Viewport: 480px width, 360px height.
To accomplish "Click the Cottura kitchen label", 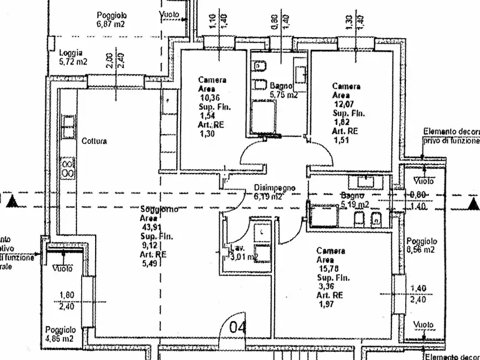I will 94,141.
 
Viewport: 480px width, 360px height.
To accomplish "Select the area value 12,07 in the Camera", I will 343,104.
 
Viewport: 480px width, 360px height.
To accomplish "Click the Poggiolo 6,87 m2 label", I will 111,20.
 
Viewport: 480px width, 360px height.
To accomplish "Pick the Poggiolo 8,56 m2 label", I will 421,246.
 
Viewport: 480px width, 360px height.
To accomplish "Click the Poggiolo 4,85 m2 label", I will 60,334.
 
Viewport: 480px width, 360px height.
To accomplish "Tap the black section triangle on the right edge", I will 473,203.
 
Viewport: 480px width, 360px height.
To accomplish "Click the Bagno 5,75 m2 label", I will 283,90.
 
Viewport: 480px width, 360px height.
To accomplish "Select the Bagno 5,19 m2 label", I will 355,200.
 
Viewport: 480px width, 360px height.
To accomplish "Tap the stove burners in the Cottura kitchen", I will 68,168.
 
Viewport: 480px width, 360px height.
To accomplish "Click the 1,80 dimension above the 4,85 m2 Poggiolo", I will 67,294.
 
